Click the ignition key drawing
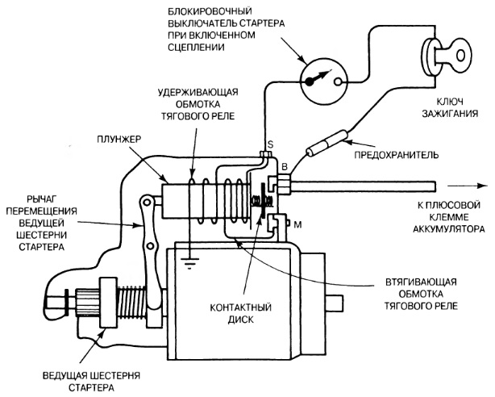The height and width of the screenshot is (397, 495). [x=445, y=57]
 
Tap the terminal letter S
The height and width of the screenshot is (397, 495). [x=271, y=144]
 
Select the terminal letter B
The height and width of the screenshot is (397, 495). [x=285, y=166]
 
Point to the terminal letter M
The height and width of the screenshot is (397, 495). [x=297, y=225]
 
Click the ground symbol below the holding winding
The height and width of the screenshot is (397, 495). [x=189, y=263]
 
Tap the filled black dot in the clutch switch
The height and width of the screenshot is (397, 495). [x=309, y=81]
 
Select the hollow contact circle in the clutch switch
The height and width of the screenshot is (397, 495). [x=338, y=82]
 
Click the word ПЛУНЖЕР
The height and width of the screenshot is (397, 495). [x=119, y=140]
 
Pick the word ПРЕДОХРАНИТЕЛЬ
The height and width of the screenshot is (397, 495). [x=396, y=155]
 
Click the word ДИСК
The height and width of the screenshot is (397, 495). [x=241, y=320]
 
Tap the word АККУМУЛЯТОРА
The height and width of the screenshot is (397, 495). [x=448, y=229]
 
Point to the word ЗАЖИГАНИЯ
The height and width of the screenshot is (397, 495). [x=450, y=114]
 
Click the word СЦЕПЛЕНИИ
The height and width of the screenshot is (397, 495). [x=196, y=47]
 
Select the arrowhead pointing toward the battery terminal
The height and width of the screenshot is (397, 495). [x=482, y=186]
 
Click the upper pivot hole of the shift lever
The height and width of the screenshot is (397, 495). [x=146, y=202]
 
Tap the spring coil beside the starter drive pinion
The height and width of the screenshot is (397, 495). [x=132, y=301]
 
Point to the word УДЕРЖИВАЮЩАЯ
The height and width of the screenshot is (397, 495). [x=198, y=92]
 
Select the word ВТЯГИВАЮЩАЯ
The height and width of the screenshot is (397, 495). [x=421, y=282]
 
